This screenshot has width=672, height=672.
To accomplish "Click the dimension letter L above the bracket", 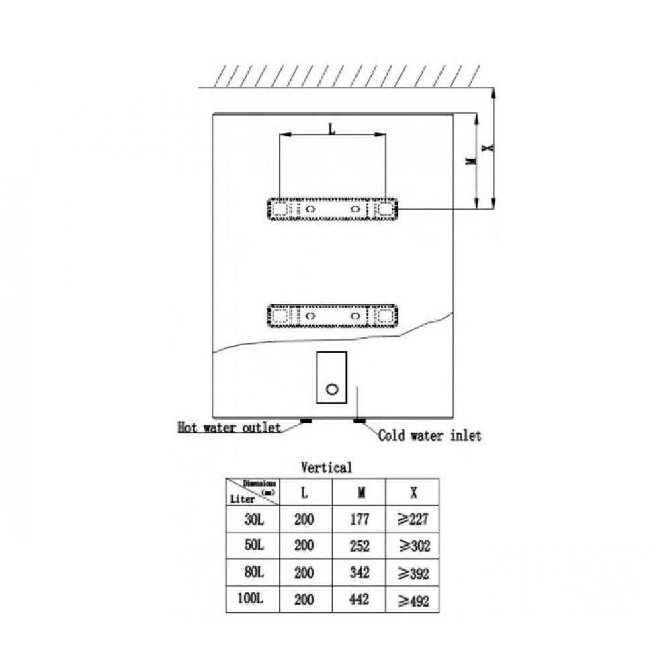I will pos(331,128).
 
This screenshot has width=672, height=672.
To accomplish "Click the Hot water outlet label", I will pos(228,427).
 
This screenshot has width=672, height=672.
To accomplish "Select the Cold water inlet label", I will pos(429,436).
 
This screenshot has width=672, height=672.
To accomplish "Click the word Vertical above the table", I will pos(326,467).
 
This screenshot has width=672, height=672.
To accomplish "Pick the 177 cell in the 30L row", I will pos(360,519).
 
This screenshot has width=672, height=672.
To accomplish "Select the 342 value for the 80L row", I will pos(360,573).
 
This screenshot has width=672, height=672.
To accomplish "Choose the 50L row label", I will pos(254,546).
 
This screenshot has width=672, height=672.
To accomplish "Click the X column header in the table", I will pos(413,493).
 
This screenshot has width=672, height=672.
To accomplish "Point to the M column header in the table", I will pos(360,493).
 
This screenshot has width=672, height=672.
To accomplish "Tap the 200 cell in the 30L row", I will pos(304,519).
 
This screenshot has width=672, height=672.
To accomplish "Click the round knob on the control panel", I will pos(331,389).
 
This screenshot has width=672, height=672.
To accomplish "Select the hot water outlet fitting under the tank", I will pos(305,421).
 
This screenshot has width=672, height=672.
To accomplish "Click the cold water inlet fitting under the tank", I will pos(358,421).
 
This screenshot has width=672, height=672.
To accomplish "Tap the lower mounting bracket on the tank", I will pos(332,316).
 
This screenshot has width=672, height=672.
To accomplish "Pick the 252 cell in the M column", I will pos(360,546).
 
